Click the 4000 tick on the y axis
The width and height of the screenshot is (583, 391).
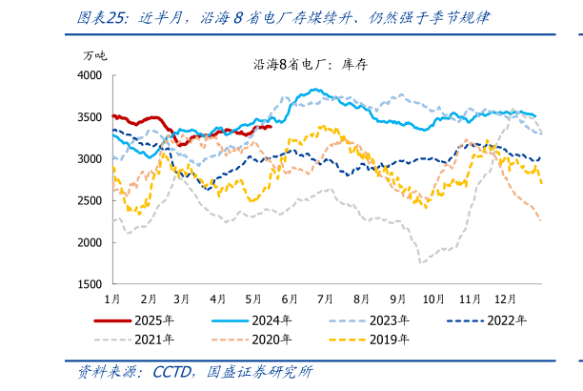pyautogui.click(x=90, y=74)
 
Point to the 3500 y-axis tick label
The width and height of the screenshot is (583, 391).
pyautogui.click(x=90, y=116)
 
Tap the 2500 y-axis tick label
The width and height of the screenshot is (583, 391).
pyautogui.click(x=90, y=200)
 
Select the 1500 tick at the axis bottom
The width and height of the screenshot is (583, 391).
pyautogui.click(x=90, y=284)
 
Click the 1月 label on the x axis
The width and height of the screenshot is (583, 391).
pyautogui.click(x=113, y=298)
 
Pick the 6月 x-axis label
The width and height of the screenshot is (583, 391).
pyautogui.click(x=290, y=298)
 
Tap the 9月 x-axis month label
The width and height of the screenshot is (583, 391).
pyautogui.click(x=397, y=298)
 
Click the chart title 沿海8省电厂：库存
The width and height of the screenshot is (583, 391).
pyautogui.click(x=297, y=65)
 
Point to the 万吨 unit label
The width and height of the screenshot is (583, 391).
pyautogui.click(x=94, y=55)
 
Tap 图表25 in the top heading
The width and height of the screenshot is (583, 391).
pyautogui.click(x=103, y=18)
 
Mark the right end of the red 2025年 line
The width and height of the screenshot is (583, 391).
pyautogui.click(x=271, y=126)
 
